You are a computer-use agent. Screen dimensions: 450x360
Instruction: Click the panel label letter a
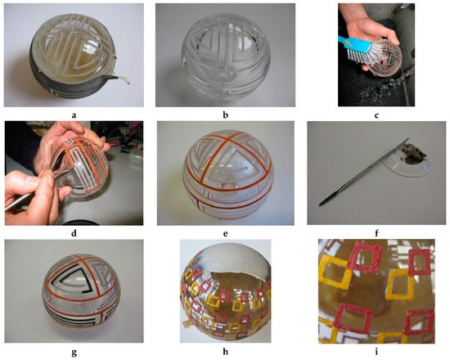(74, 115)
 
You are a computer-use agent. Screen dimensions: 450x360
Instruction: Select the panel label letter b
(226, 115)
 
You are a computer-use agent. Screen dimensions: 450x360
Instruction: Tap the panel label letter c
(376, 115)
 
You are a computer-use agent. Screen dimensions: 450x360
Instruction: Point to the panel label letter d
(74, 233)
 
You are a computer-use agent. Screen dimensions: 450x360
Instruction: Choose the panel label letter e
(226, 234)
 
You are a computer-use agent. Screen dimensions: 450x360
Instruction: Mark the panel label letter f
(376, 233)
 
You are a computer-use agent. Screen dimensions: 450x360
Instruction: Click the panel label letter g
(74, 353)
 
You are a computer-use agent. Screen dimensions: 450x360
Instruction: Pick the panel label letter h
(226, 351)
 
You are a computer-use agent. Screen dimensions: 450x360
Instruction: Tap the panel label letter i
(376, 351)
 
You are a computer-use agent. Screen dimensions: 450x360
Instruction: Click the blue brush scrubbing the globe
(355, 48)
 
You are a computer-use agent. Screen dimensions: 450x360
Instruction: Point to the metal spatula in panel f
(364, 173)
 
